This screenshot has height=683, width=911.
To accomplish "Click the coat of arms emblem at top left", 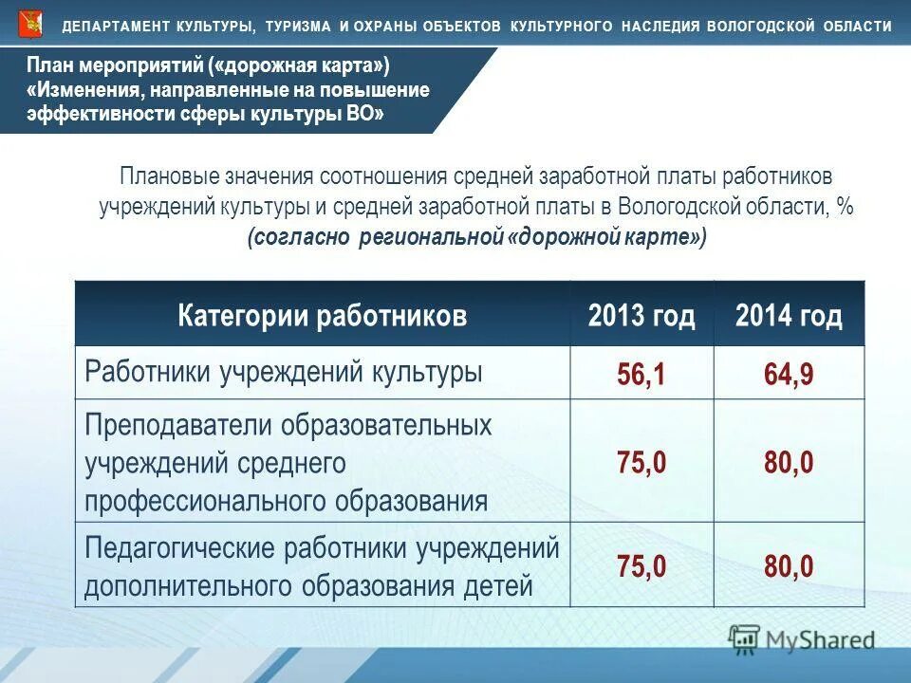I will [30, 24].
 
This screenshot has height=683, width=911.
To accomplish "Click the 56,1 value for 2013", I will [641, 375].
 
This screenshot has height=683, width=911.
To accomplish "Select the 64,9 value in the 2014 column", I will [789, 375].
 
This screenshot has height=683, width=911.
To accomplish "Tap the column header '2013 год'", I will [641, 316].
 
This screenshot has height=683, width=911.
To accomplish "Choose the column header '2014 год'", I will [789, 316].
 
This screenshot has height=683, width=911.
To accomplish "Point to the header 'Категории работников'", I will [323, 316].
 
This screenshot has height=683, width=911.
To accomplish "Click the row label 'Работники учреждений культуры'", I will [284, 371].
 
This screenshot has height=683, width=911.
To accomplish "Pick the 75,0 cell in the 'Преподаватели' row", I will [641, 463].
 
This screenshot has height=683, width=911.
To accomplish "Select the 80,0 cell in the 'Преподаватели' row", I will [789, 463].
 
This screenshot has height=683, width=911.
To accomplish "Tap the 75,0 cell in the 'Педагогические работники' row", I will [641, 566].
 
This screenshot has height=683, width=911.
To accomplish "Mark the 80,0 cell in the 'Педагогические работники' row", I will [789, 566].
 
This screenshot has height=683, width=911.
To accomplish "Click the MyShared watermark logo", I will [802, 639].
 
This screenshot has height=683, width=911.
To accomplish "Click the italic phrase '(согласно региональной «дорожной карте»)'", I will [477, 236].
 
